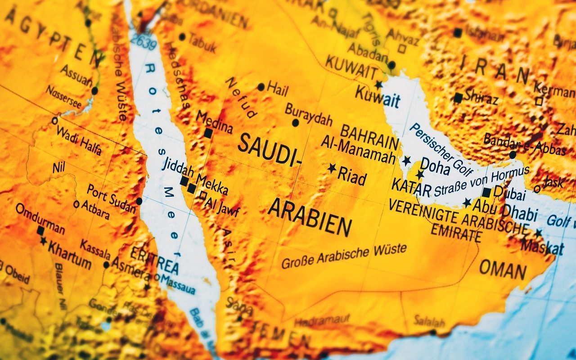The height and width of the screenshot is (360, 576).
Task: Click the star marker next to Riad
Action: pos(332,168)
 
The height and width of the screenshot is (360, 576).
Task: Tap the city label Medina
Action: pos(214,122)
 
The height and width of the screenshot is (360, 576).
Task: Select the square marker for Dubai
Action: pos(486,192)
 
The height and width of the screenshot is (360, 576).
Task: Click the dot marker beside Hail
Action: pos(261,87)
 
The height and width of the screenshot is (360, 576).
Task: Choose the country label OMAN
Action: pos(503,270)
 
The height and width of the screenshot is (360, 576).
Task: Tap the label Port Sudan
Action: pos(111,198)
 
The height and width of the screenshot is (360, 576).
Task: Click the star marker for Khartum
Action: pos(43,241)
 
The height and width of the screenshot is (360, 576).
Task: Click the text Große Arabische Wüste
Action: pos(344,255)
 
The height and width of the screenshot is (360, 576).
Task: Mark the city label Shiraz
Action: pos(481,96)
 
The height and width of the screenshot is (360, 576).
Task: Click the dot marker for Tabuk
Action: pos(182,37)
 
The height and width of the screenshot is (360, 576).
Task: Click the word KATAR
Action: pos(411,185)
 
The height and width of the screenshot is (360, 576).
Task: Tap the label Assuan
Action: pos(76,75)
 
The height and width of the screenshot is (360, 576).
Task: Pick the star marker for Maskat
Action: pos(538,233)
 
